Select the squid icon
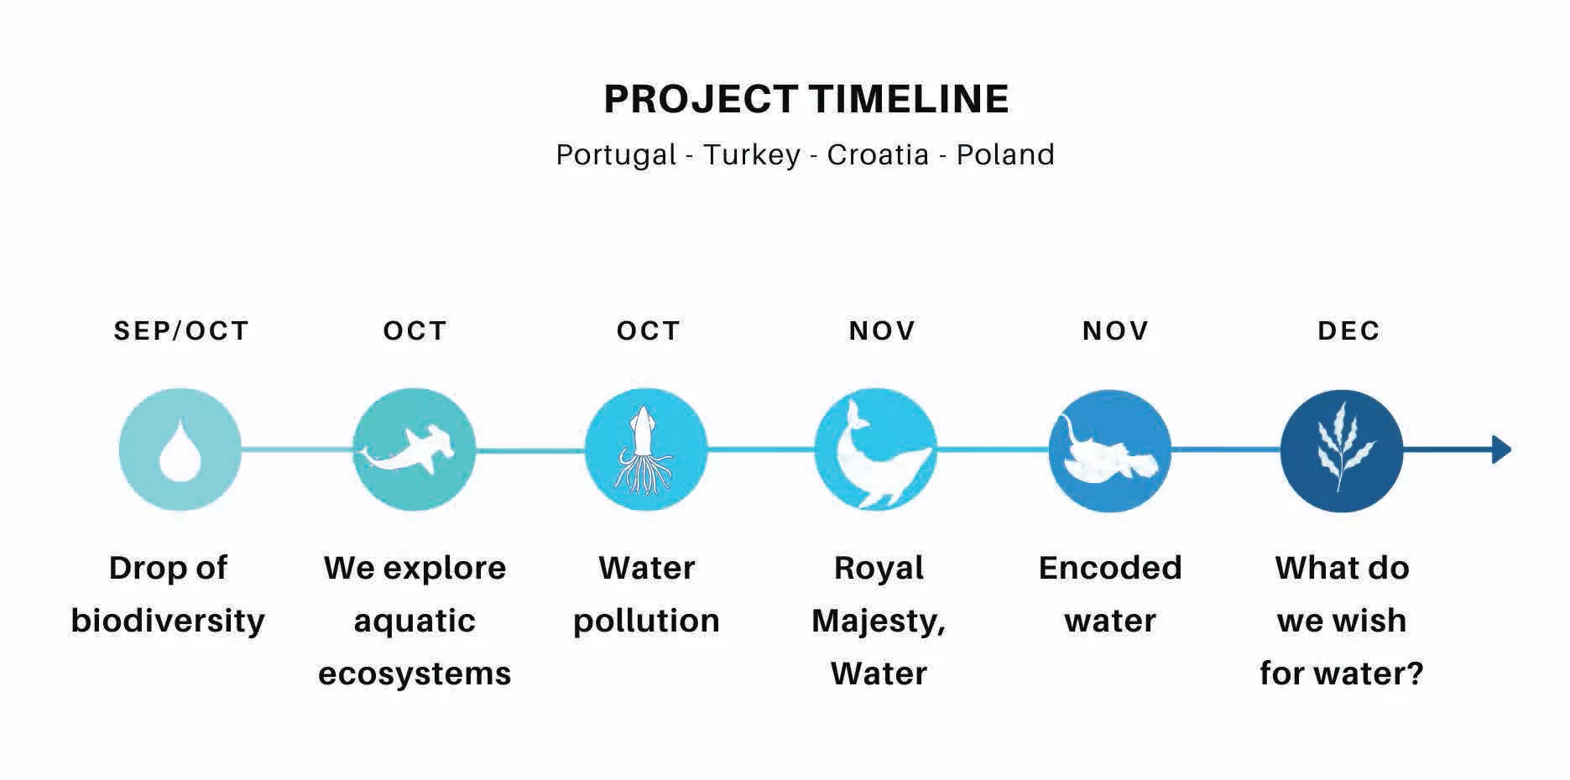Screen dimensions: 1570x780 [x=644, y=450]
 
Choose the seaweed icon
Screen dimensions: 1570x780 [x=1341, y=447]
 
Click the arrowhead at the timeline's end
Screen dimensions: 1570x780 [x=1501, y=450]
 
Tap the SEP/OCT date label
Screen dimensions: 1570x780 [x=181, y=330]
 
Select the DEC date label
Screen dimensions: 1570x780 [x=1348, y=330]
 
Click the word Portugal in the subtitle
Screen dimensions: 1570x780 [x=616, y=155]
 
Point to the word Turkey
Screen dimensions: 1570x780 [x=752, y=155]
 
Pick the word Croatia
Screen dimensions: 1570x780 [x=878, y=154]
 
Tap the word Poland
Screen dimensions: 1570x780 [x=1005, y=154]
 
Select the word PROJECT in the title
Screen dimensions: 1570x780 [x=701, y=99]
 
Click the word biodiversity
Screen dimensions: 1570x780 [x=168, y=621]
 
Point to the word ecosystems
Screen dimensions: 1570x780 [x=415, y=674]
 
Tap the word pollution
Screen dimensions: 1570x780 [x=646, y=621]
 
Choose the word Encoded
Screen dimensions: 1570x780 [x=1110, y=568]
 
